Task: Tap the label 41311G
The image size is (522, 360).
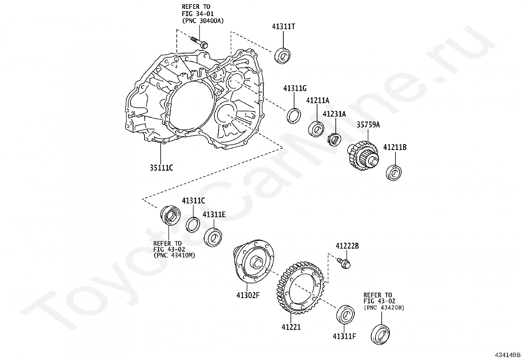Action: point(295,88)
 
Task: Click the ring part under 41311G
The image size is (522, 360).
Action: point(293,116)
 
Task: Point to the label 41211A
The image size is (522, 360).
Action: point(317,101)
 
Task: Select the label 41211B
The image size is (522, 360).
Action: point(395,148)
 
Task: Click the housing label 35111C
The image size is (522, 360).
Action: point(161,168)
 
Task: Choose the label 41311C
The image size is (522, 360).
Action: point(193,201)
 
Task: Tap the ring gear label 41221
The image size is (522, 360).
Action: point(291,327)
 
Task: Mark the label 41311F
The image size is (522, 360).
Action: point(344,336)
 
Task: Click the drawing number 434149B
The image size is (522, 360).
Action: point(508,355)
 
